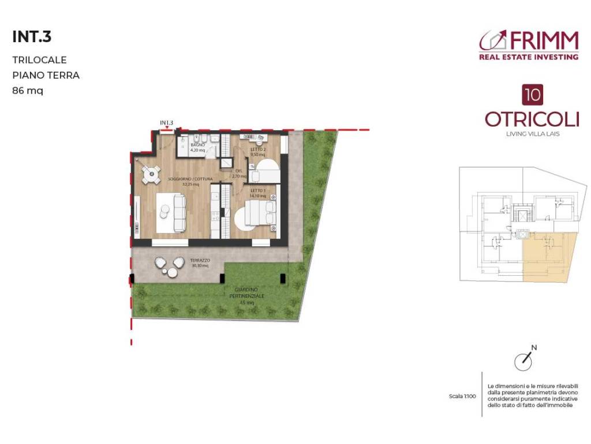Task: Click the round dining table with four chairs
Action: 151,173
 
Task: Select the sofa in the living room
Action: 178,212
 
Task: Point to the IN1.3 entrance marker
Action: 167,123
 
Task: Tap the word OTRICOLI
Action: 532,119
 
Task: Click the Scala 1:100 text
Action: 462,397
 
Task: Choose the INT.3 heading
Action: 32,37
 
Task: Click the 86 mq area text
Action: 28,90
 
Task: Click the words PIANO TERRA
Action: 46,75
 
